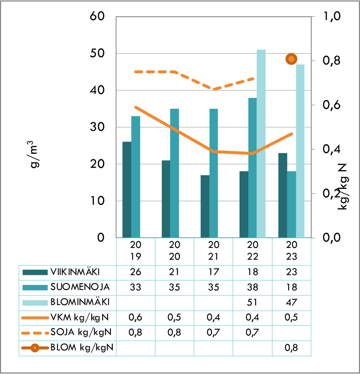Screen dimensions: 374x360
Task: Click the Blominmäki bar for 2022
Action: coord(261,144)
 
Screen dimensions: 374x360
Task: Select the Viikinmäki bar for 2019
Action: coord(127,190)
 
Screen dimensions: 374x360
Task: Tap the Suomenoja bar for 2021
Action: coord(213,173)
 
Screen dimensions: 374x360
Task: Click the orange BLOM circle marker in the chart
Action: coord(291,59)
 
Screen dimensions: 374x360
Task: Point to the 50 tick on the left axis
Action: coord(97,53)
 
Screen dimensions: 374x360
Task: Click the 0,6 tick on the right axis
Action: coord(331,105)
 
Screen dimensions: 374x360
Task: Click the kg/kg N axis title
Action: coord(343,186)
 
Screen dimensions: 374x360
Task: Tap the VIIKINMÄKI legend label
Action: coord(75,272)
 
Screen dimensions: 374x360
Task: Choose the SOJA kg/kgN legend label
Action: coord(81,332)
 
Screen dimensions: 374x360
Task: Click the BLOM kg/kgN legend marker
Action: coord(35,348)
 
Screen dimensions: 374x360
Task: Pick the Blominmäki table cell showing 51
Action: coord(252,303)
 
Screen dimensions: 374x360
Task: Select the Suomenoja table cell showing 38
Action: coord(252,287)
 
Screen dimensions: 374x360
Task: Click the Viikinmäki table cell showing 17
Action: coord(213,272)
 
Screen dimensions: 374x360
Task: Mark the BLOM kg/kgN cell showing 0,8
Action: coord(291,348)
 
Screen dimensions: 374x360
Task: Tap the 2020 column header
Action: coord(174,251)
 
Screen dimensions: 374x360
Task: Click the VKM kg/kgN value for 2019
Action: coord(135,318)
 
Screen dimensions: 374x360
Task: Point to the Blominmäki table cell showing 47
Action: coord(291,303)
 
